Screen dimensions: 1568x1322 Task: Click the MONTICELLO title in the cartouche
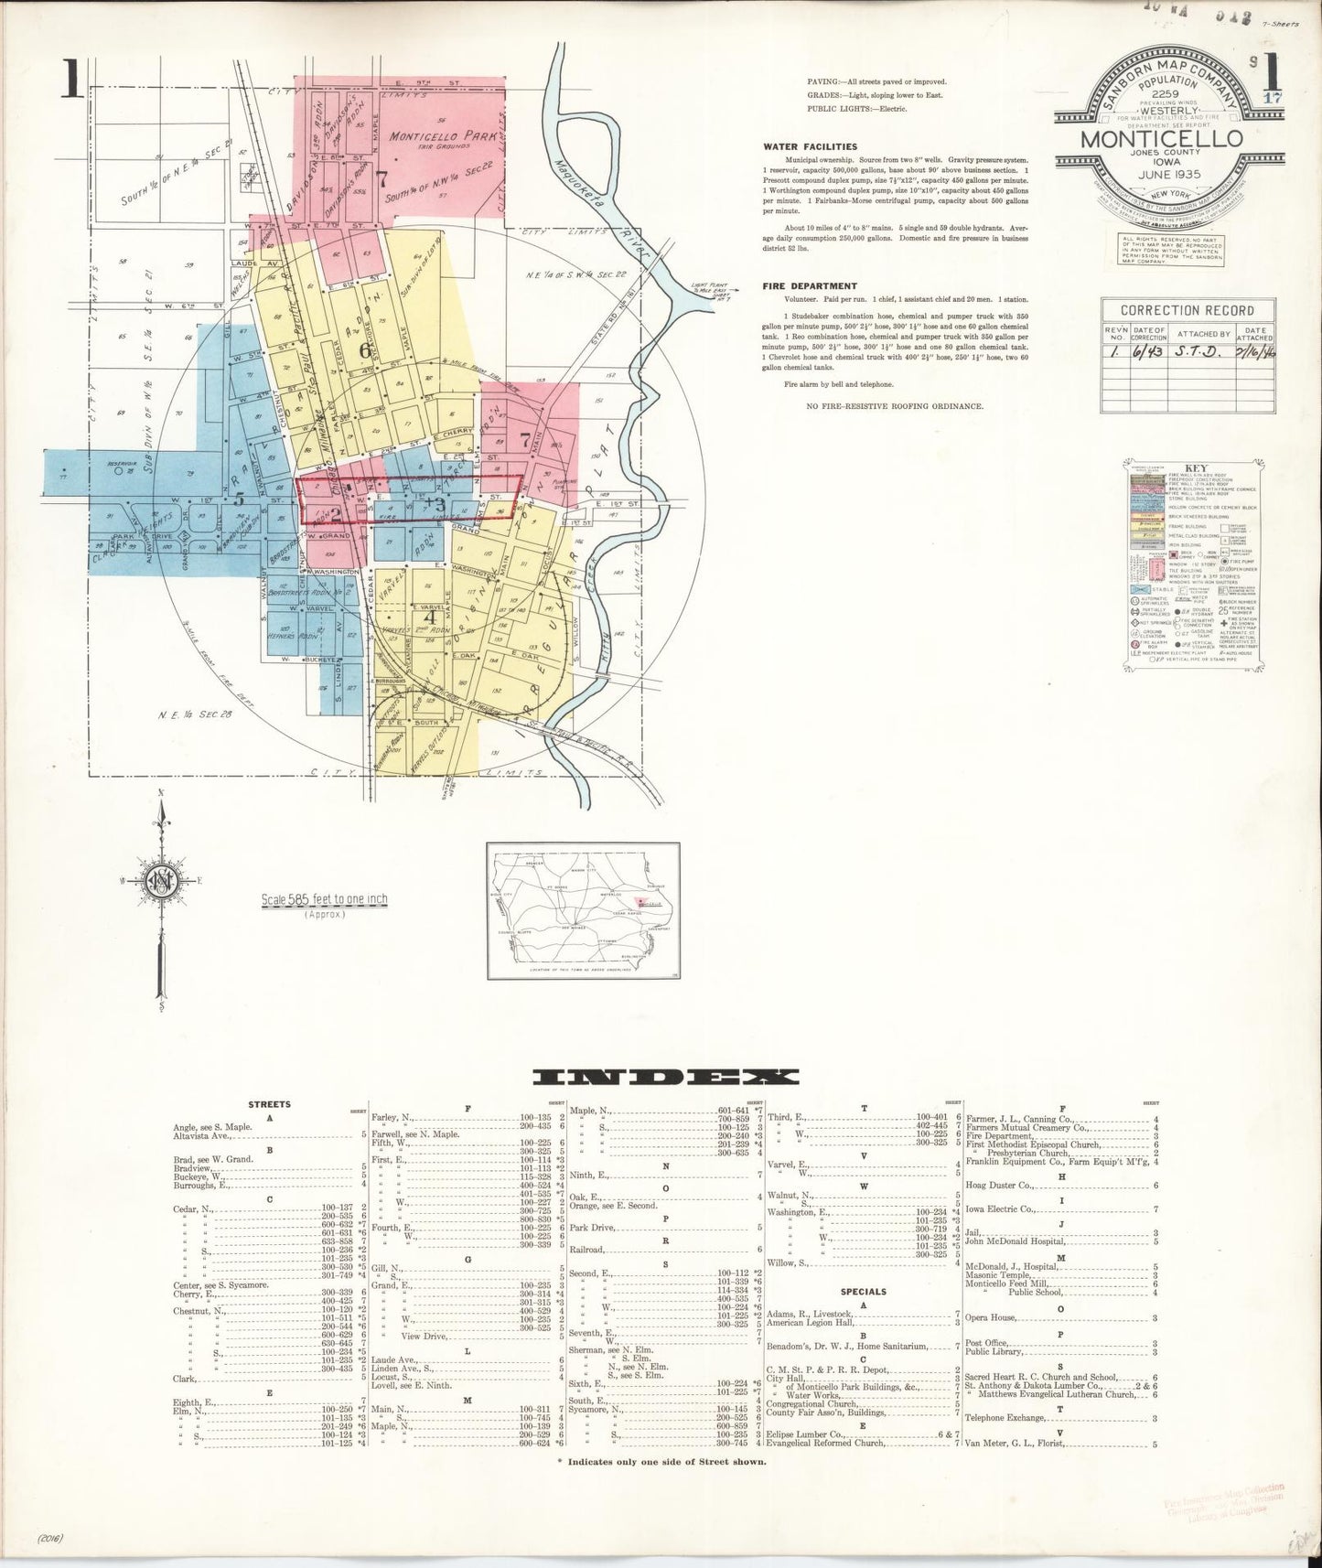[1162, 138]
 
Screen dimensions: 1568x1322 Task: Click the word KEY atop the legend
[1188, 467]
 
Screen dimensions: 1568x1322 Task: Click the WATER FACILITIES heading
[810, 145]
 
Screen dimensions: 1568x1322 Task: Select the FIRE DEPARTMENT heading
[810, 285]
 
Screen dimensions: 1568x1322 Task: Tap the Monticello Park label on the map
[442, 135]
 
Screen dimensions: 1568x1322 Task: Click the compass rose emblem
[162, 881]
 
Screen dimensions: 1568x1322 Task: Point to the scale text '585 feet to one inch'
[325, 899]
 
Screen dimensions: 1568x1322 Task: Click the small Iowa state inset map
[582, 910]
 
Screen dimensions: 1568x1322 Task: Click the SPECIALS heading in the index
[863, 1293]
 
